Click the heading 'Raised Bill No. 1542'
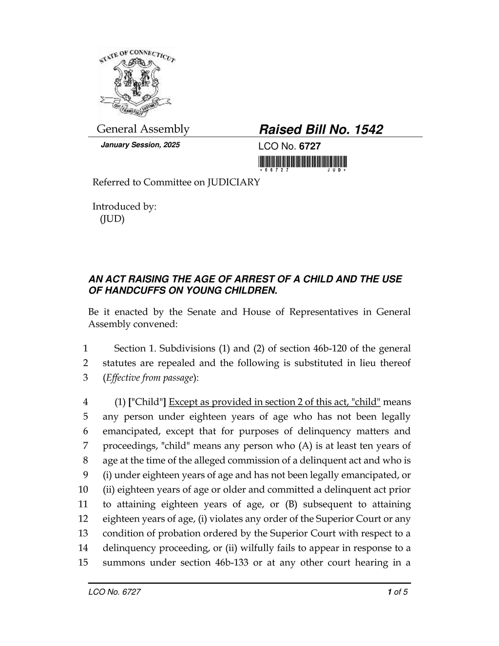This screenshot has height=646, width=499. (321, 129)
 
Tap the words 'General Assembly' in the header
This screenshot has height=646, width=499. (143, 129)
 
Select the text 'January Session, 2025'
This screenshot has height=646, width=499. (140, 145)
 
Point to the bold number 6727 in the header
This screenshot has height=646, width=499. (309, 146)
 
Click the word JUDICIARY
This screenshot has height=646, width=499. (234, 182)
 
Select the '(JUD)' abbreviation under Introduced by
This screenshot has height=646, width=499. (112, 219)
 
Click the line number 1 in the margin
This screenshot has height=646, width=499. (85, 349)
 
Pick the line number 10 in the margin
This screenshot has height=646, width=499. (83, 489)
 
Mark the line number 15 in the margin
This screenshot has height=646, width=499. (83, 563)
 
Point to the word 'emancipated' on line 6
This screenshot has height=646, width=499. (131, 431)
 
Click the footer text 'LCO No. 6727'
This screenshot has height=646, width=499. (115, 592)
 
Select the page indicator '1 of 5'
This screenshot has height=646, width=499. (398, 592)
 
